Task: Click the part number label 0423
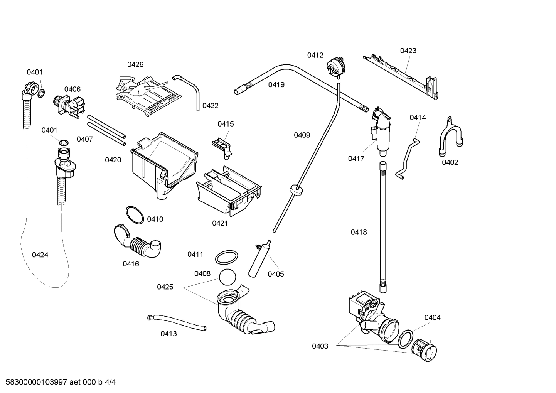coord(408,51)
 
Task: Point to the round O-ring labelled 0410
coord(135,215)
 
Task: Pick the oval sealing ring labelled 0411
coord(226,257)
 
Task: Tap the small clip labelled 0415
coord(222,146)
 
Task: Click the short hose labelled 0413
coord(177,322)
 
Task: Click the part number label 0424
coord(40,255)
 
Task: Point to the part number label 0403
coord(320,346)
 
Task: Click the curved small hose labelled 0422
coord(189,88)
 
